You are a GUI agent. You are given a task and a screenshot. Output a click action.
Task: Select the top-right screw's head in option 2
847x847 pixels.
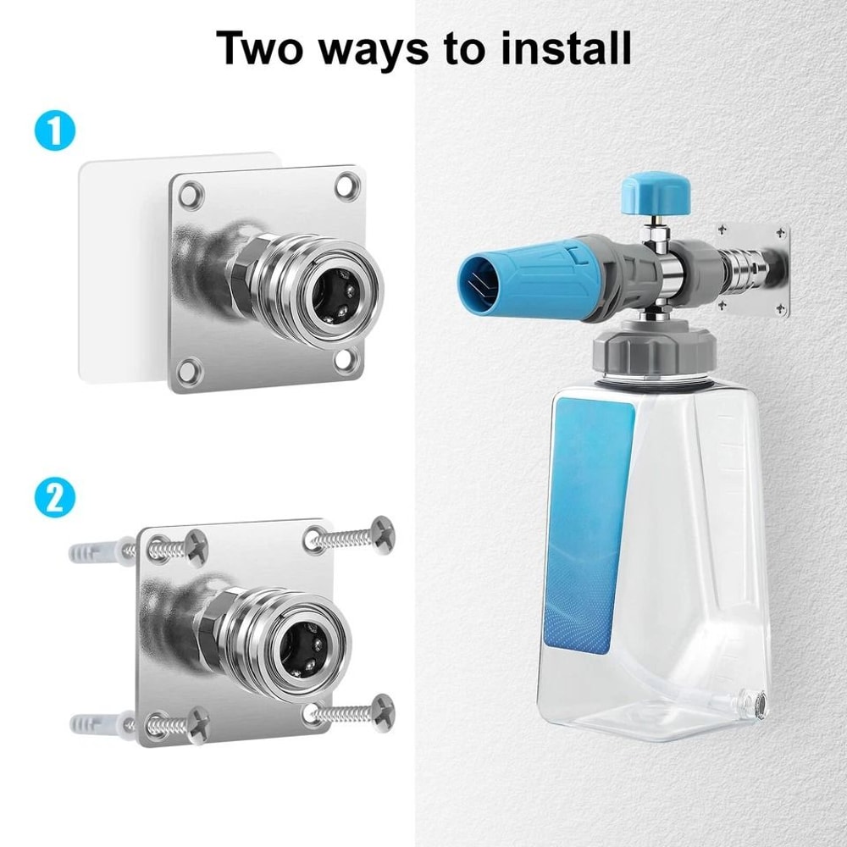382,533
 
